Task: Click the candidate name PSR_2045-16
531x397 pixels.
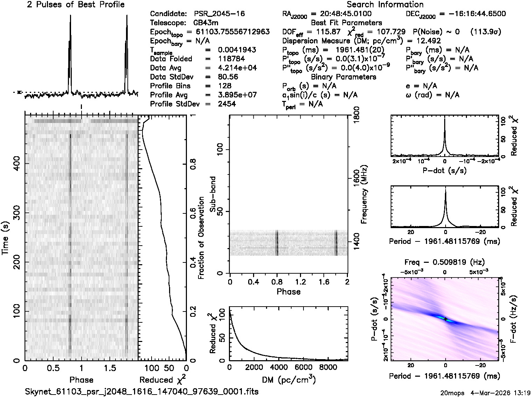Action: tap(219, 14)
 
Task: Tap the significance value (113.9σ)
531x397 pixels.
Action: tap(486, 32)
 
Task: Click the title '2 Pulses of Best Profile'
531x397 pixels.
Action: tap(76, 5)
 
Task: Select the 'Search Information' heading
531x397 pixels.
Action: tap(385, 5)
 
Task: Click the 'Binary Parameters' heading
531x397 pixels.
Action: tap(343, 77)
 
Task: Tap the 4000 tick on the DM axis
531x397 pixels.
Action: tap(279, 367)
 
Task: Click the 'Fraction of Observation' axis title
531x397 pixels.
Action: tap(201, 238)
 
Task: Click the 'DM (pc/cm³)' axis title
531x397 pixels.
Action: tap(288, 379)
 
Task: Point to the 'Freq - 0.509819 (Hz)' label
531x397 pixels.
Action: tap(445, 262)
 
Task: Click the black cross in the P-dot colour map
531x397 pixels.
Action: tap(445, 319)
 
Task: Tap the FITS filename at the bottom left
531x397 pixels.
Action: tap(142, 391)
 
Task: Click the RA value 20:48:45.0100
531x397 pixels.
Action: tap(341, 14)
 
